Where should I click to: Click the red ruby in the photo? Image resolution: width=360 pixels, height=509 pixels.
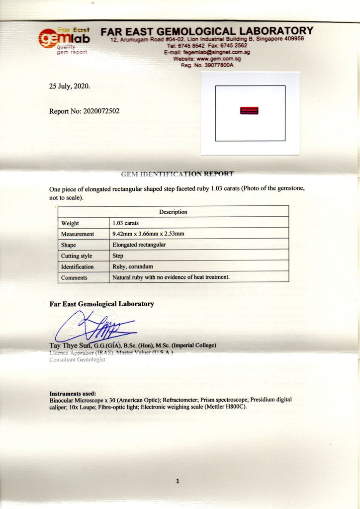pos(249,110)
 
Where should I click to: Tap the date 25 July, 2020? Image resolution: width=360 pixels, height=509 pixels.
pos(70,86)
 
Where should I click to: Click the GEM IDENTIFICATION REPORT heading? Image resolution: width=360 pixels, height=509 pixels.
pos(177,174)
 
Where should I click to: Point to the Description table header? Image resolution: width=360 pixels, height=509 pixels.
pos(173,212)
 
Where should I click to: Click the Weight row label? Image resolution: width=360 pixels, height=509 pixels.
pos(70,223)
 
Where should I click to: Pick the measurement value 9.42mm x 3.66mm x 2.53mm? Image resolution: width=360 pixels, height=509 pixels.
pos(149,234)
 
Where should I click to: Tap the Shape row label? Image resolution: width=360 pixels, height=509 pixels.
pos(69,245)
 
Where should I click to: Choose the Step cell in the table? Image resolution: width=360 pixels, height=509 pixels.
pos(118,255)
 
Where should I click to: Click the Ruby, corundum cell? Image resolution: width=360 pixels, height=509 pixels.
pos(133,266)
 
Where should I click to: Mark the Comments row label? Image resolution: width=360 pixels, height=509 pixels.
pos(74,277)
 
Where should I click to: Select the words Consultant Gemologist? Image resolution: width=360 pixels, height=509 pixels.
pos(77,359)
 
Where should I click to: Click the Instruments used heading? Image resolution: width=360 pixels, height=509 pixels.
pos(72,393)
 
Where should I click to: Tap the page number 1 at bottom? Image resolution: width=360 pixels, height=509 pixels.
pos(178,481)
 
